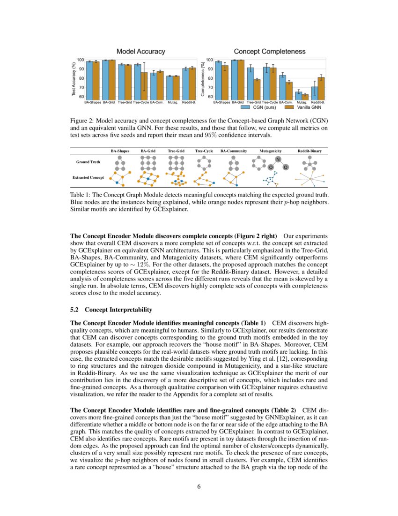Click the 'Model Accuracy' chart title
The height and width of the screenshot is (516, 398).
pos(140,51)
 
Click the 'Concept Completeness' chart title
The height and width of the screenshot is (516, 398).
pos(269,51)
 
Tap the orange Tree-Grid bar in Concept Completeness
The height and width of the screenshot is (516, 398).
pos(257,88)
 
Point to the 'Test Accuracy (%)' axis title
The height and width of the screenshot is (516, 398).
pos(74,78)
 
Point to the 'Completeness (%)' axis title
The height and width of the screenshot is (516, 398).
pos(203,78)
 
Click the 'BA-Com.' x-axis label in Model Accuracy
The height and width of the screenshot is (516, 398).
pos(157,102)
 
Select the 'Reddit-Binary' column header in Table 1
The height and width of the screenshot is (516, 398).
pos(310,151)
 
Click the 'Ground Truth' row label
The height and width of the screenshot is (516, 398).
pos(88,162)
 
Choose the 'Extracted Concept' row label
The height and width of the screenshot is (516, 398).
pos(88,178)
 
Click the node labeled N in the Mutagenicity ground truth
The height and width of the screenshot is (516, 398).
pos(278,159)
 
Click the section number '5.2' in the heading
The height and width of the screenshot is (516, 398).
pos(74,310)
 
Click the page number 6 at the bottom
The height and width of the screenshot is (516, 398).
pos(199,486)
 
